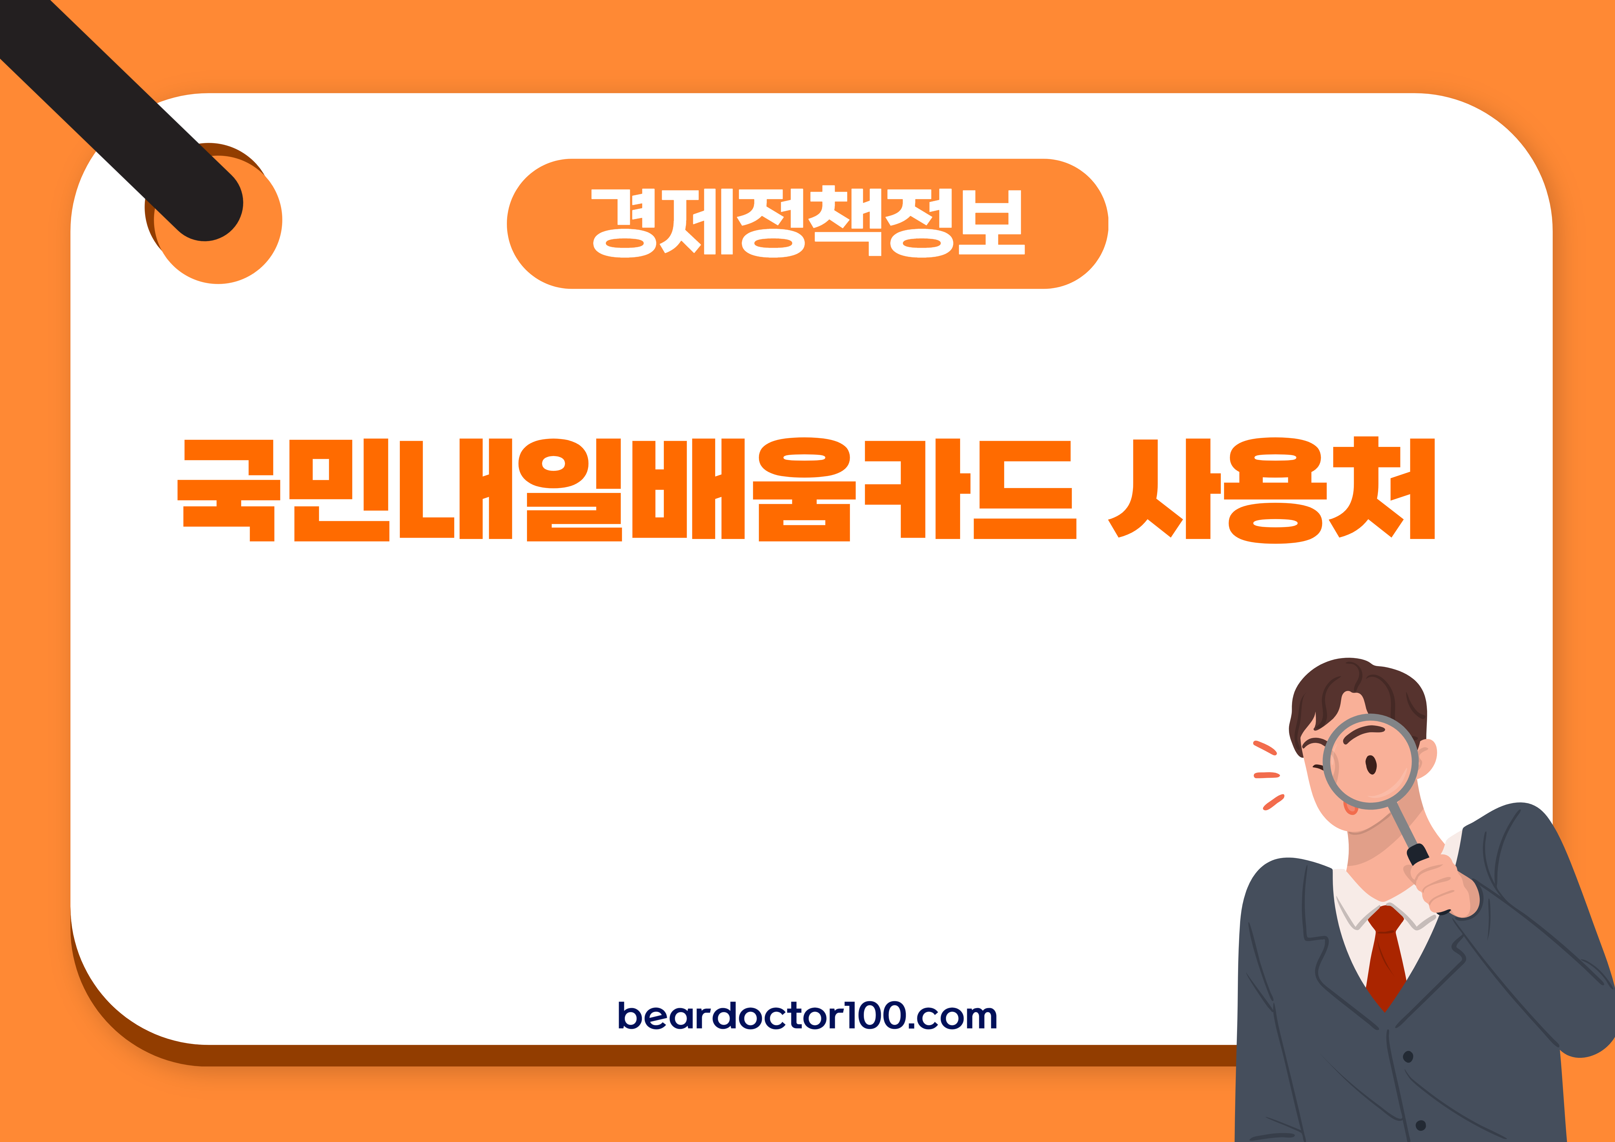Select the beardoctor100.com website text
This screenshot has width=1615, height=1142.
point(807,1015)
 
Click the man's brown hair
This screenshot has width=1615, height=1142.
point(1358,693)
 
